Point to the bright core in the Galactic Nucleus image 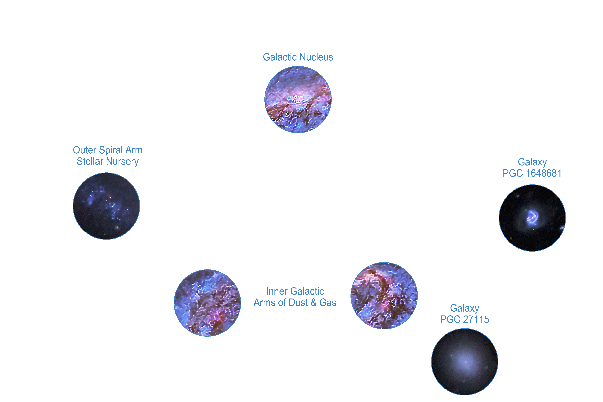(x=297, y=98)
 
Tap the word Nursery (x=122, y=162)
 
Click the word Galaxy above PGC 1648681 (x=532, y=162)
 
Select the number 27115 (x=476, y=319)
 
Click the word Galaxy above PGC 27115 (x=464, y=308)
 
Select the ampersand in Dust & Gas (x=314, y=303)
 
